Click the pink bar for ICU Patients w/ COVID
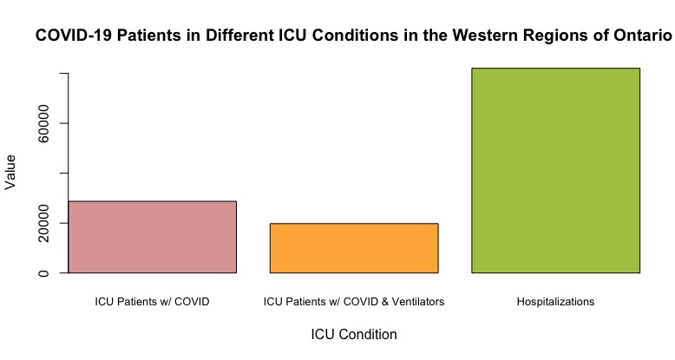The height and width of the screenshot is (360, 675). (152, 237)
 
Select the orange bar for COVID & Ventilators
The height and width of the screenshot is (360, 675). (354, 248)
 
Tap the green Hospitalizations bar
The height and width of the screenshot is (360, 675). (555, 170)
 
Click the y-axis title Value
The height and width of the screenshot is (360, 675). (11, 172)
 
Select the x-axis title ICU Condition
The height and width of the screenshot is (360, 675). (354, 334)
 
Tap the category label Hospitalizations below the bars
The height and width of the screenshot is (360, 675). (555, 302)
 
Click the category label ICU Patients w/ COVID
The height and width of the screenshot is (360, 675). (152, 302)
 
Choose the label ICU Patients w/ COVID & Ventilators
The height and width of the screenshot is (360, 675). (354, 302)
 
